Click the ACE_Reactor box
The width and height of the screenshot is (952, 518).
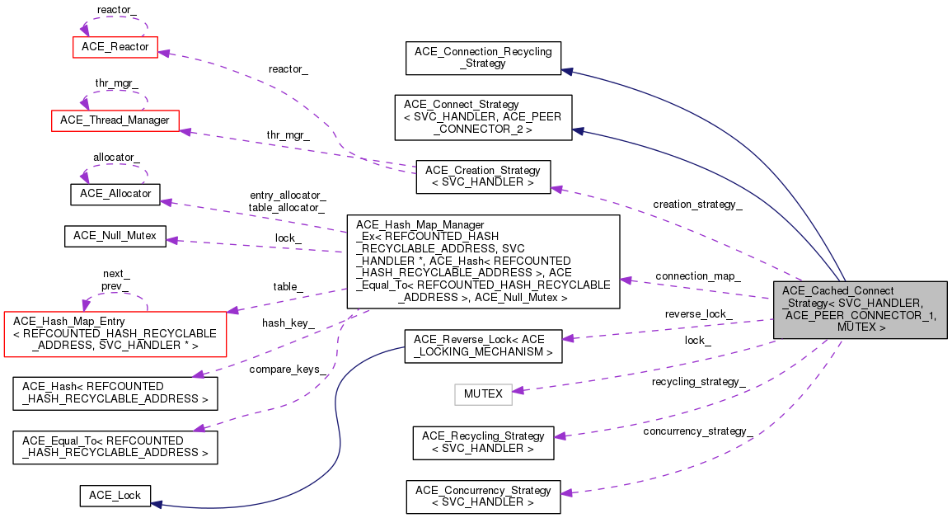pos(115,47)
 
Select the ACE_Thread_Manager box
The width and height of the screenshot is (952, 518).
pos(115,120)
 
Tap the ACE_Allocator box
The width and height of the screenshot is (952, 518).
pos(115,194)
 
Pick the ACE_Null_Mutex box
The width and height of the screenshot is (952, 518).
pos(115,236)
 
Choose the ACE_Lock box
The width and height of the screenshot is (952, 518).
pos(115,496)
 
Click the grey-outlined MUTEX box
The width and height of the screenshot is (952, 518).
pos(483,393)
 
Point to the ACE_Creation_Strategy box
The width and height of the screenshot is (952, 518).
pos(483,177)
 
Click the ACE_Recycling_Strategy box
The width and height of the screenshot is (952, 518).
pos(483,442)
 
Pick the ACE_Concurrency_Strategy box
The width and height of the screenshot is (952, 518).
pos(483,497)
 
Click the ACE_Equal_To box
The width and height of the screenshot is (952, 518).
pos(115,445)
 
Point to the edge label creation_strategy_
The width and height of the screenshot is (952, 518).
pos(696,205)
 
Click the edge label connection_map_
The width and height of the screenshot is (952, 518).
pos(697,275)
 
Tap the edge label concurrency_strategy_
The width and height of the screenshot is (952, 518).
pos(697,431)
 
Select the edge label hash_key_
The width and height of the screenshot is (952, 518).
pos(288,323)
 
